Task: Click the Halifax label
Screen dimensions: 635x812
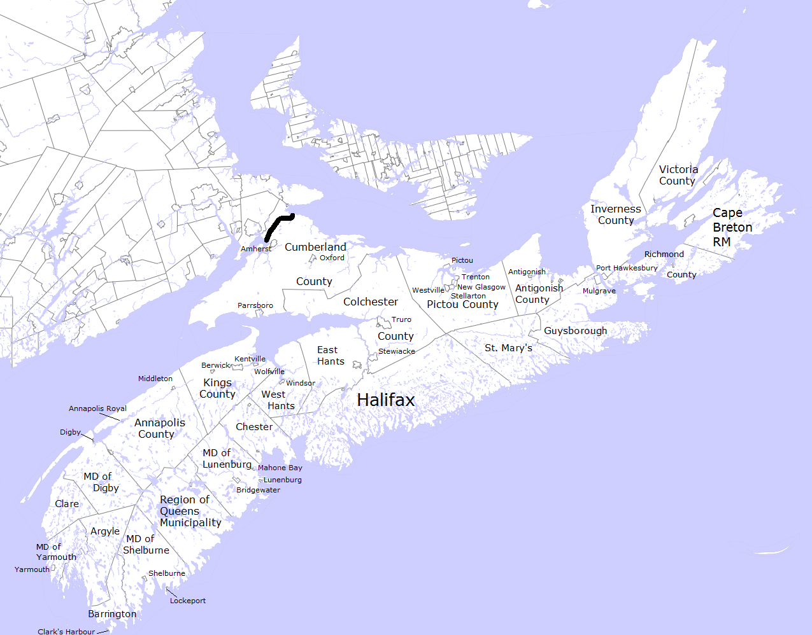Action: [386, 400]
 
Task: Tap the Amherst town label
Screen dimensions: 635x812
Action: [256, 249]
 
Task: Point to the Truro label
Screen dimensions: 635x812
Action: [401, 319]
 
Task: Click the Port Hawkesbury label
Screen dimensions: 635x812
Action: [627, 268]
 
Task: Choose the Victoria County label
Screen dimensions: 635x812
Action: [678, 175]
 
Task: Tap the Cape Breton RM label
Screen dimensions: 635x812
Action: [732, 227]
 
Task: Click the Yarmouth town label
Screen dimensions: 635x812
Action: [32, 569]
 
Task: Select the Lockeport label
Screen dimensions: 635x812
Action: [188, 601]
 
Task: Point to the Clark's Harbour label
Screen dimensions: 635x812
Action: [66, 631]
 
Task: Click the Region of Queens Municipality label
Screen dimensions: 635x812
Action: [190, 511]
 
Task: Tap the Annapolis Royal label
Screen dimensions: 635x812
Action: [97, 408]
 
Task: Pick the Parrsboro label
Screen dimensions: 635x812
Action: [255, 305]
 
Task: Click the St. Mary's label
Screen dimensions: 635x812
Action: [508, 348]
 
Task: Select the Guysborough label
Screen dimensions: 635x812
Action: [575, 331]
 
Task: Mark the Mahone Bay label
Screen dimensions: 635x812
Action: [280, 468]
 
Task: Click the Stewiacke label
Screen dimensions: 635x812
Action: [397, 351]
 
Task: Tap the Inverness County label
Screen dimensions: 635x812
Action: [615, 214]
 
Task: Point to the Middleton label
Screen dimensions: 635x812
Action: [155, 379]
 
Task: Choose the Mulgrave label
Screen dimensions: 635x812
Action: [599, 291]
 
